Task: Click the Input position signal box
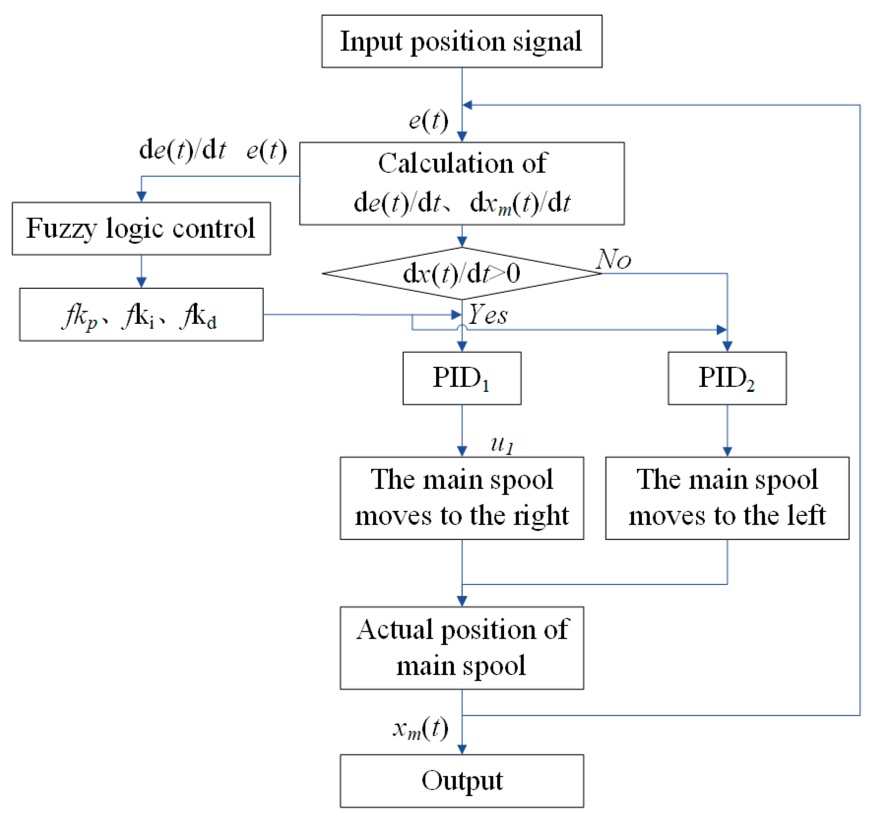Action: [461, 41]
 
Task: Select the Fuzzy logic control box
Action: [141, 228]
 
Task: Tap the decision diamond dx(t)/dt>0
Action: [461, 273]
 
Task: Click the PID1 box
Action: [461, 378]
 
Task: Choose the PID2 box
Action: [727, 378]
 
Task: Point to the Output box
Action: [461, 781]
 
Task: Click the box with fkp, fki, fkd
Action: [141, 315]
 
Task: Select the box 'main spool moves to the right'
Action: [461, 498]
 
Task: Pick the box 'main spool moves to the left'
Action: [727, 498]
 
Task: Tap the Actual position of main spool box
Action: [461, 647]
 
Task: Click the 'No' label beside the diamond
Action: [614, 259]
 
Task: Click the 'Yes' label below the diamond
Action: [488, 315]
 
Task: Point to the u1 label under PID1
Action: [502, 445]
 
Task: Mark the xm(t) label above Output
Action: [420, 729]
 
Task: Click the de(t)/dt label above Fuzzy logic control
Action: [183, 150]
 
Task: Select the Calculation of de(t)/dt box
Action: [461, 183]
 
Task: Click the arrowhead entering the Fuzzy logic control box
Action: [142, 196]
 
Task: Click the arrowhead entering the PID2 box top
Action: [727, 346]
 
